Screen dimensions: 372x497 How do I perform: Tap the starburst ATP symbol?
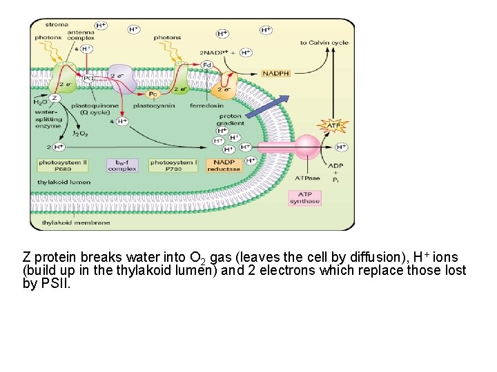point(333,125)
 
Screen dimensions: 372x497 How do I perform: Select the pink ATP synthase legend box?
point(304,197)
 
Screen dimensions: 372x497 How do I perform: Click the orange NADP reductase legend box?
point(224,165)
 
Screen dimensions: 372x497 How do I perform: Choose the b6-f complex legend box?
point(121,165)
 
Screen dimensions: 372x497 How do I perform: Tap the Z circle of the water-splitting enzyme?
point(56,99)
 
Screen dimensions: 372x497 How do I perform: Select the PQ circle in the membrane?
point(88,79)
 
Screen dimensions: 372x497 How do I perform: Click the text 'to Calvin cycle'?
point(324,43)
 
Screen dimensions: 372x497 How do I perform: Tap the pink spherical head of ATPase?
point(308,147)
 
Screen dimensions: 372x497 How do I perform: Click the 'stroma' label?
point(58,25)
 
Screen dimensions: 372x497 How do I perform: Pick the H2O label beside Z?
point(40,103)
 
